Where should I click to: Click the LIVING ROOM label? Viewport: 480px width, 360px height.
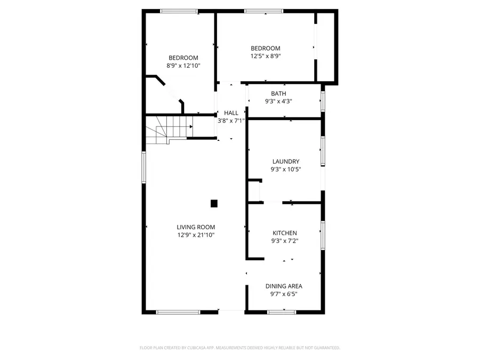[x=196, y=227]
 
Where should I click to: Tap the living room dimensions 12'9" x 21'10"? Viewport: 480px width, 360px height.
[x=196, y=235]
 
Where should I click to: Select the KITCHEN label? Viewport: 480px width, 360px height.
[x=285, y=233]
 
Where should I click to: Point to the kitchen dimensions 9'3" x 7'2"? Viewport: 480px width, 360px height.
[x=285, y=241]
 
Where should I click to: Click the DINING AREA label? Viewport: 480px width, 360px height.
[x=284, y=286]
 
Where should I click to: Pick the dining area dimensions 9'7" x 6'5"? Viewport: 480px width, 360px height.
[x=284, y=293]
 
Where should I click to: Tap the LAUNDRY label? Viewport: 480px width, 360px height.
[x=286, y=162]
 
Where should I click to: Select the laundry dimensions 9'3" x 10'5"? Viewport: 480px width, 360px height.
[x=286, y=170]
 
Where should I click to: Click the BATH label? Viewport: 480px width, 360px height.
[x=278, y=94]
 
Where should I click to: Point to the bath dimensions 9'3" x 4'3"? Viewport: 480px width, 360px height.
[x=278, y=101]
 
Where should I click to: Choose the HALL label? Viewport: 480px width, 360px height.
[x=231, y=113]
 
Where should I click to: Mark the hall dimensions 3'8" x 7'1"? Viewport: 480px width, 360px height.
[x=231, y=121]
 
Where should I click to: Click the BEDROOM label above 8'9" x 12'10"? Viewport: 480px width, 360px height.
[x=183, y=58]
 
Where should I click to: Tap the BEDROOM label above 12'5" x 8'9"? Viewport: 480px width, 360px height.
[x=266, y=49]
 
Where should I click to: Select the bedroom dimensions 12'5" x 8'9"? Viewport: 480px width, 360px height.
[x=266, y=56]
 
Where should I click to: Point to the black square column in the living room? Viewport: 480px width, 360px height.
[x=214, y=203]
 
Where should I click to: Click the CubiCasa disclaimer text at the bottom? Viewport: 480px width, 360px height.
[x=239, y=348]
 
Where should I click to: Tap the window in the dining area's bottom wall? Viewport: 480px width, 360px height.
[x=282, y=311]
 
